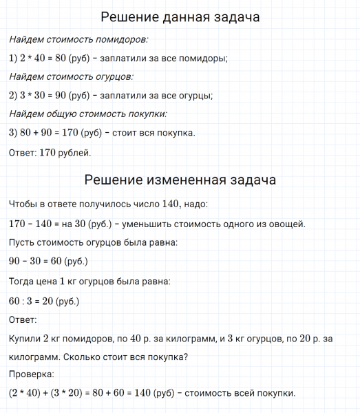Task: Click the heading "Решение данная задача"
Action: click(180, 16)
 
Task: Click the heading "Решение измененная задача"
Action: click(180, 180)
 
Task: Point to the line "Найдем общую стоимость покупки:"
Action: click(89, 114)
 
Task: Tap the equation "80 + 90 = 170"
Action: click(54, 132)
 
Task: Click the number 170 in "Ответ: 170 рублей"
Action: click(45, 151)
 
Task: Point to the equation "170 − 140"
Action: click(34, 224)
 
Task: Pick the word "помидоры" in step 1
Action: click(206, 59)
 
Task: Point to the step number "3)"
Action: click(14, 132)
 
